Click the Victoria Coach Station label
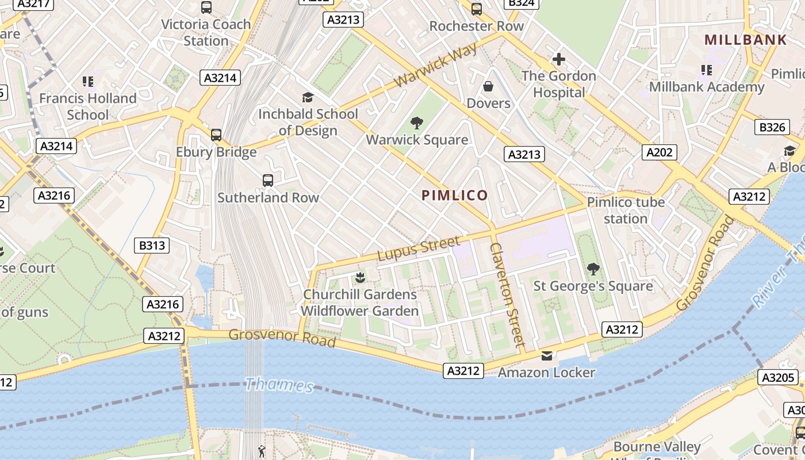point(206,33)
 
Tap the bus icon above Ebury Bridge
point(216,135)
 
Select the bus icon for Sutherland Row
point(268,181)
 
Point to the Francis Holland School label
point(87,106)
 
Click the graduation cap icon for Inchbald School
point(308,97)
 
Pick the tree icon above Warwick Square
point(417,122)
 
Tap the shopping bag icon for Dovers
point(488,86)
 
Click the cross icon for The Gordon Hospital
point(558,59)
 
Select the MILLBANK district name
point(745,40)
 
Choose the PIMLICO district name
point(455,195)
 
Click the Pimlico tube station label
point(626,210)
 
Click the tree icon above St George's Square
point(593,269)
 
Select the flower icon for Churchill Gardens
point(360,278)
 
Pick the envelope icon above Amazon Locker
point(546,356)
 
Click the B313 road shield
point(152,246)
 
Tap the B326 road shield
point(772,127)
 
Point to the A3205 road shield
point(779,377)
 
